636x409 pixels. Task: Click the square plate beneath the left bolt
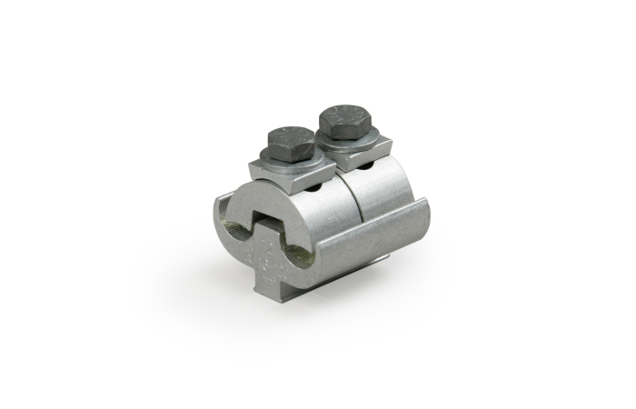[273, 171]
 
